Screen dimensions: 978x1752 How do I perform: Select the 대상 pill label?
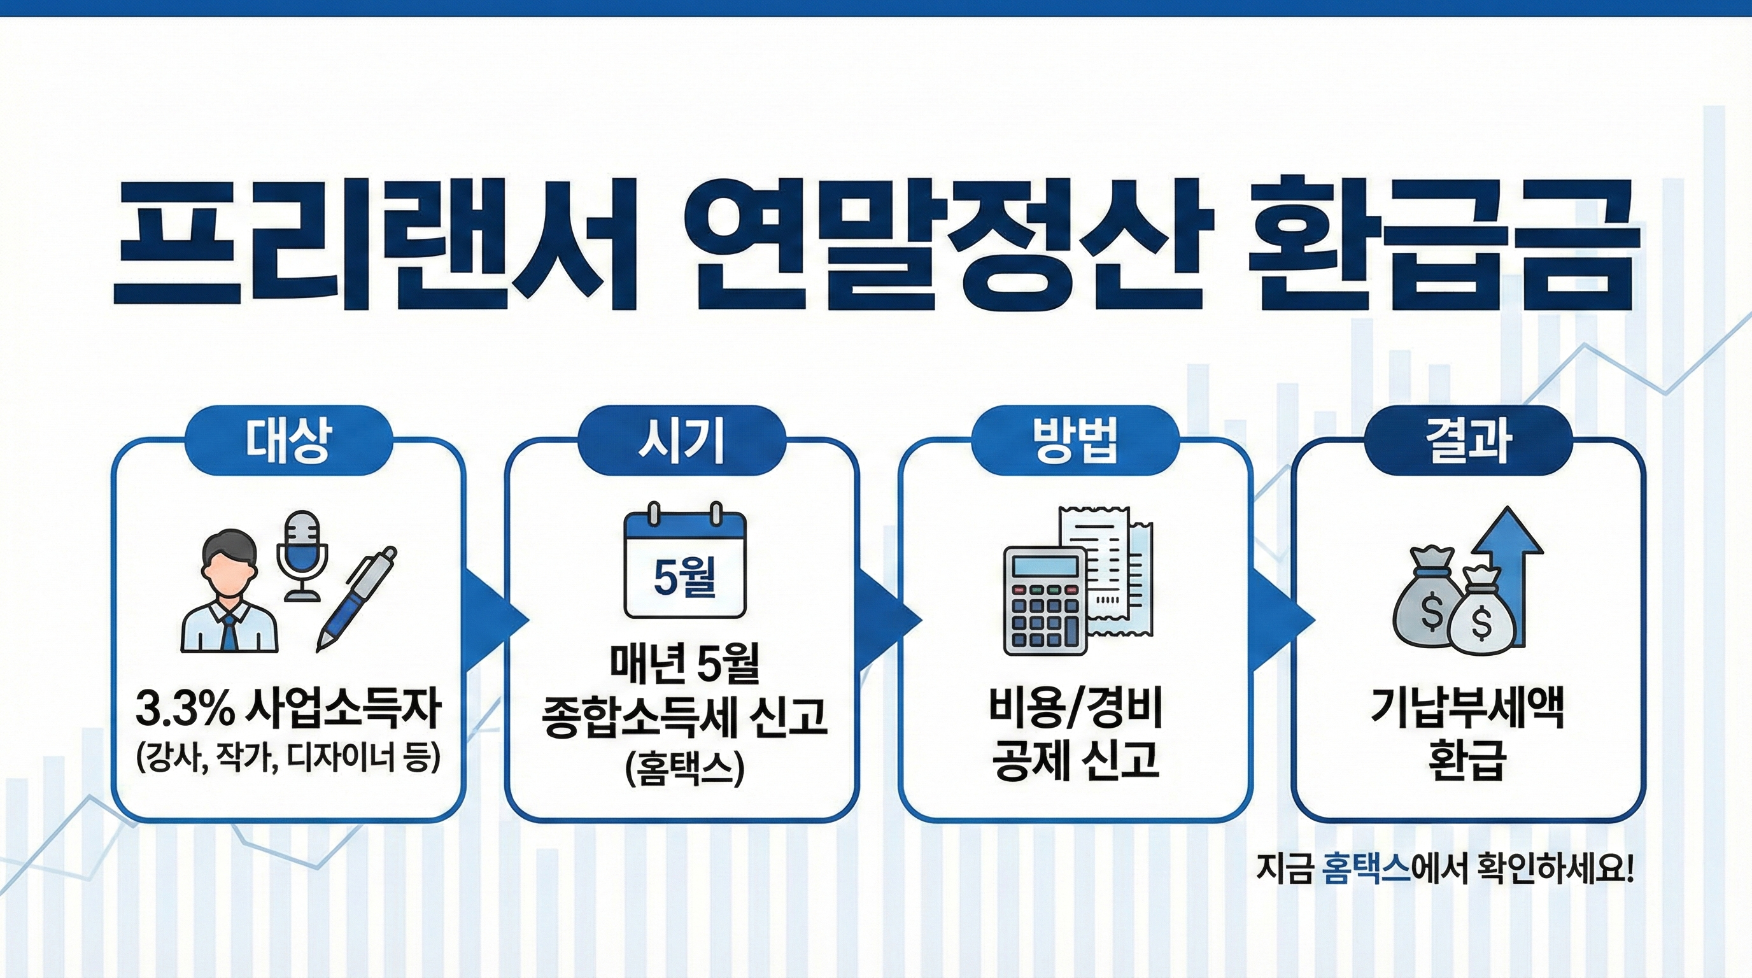click(x=288, y=440)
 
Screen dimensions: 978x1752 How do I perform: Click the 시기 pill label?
click(x=681, y=440)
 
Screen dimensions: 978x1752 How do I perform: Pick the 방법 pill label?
click(x=1075, y=440)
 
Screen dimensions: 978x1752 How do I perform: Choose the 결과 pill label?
click(x=1469, y=440)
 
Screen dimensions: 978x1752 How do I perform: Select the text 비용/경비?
click(x=1075, y=710)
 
